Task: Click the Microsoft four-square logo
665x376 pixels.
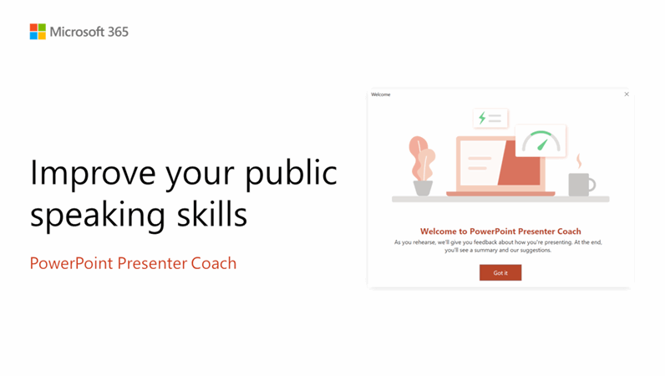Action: [x=38, y=32]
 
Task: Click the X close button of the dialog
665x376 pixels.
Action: [x=627, y=94]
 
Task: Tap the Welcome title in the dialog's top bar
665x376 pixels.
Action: [x=381, y=94]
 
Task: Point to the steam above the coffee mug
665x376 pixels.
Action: [x=578, y=160]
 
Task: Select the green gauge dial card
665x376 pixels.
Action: [x=541, y=141]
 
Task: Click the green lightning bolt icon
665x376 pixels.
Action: [x=482, y=118]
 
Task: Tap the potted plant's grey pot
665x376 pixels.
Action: [x=423, y=188]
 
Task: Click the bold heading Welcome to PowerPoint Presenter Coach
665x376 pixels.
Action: [x=500, y=231]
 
